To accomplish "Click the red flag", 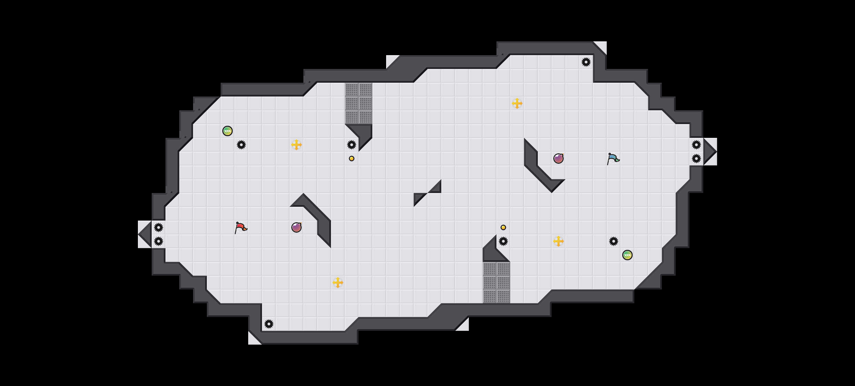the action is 241,227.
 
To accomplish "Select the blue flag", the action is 613,159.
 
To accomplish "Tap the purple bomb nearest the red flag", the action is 296,227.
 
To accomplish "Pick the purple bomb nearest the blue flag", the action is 559,159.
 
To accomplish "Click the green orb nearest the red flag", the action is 228,131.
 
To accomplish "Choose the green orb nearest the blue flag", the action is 627,255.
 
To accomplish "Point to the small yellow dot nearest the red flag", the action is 352,159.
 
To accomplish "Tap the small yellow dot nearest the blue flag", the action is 503,227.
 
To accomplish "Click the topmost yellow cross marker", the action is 517,103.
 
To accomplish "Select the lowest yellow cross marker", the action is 338,283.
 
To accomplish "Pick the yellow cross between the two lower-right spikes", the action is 559,241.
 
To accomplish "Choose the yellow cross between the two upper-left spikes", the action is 296,145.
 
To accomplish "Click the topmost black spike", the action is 586,62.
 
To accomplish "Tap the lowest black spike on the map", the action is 269,324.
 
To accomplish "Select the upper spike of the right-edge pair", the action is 696,145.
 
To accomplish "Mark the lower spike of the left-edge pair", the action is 159,241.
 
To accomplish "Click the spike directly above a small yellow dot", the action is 352,145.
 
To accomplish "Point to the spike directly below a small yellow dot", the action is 503,241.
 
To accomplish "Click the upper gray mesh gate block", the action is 359,103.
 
